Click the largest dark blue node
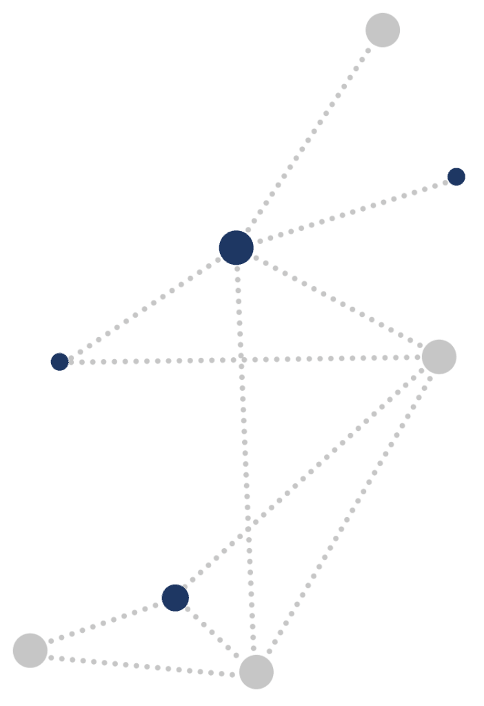tap(236, 248)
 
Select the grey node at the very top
tap(383, 30)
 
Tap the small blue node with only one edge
tap(456, 176)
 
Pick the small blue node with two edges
tap(60, 361)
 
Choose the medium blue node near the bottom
tap(175, 598)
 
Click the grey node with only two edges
tap(30, 650)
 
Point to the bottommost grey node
tap(256, 672)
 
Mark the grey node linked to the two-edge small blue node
tap(439, 356)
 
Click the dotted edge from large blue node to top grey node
tap(310, 139)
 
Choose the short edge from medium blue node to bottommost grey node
tap(214, 634)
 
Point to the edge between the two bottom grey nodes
tap(143, 661)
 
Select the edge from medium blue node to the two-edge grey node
tap(103, 623)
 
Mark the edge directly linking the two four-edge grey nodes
tap(348, 514)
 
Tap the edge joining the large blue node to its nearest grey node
tap(338, 302)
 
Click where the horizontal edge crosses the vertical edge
tap(241, 359)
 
